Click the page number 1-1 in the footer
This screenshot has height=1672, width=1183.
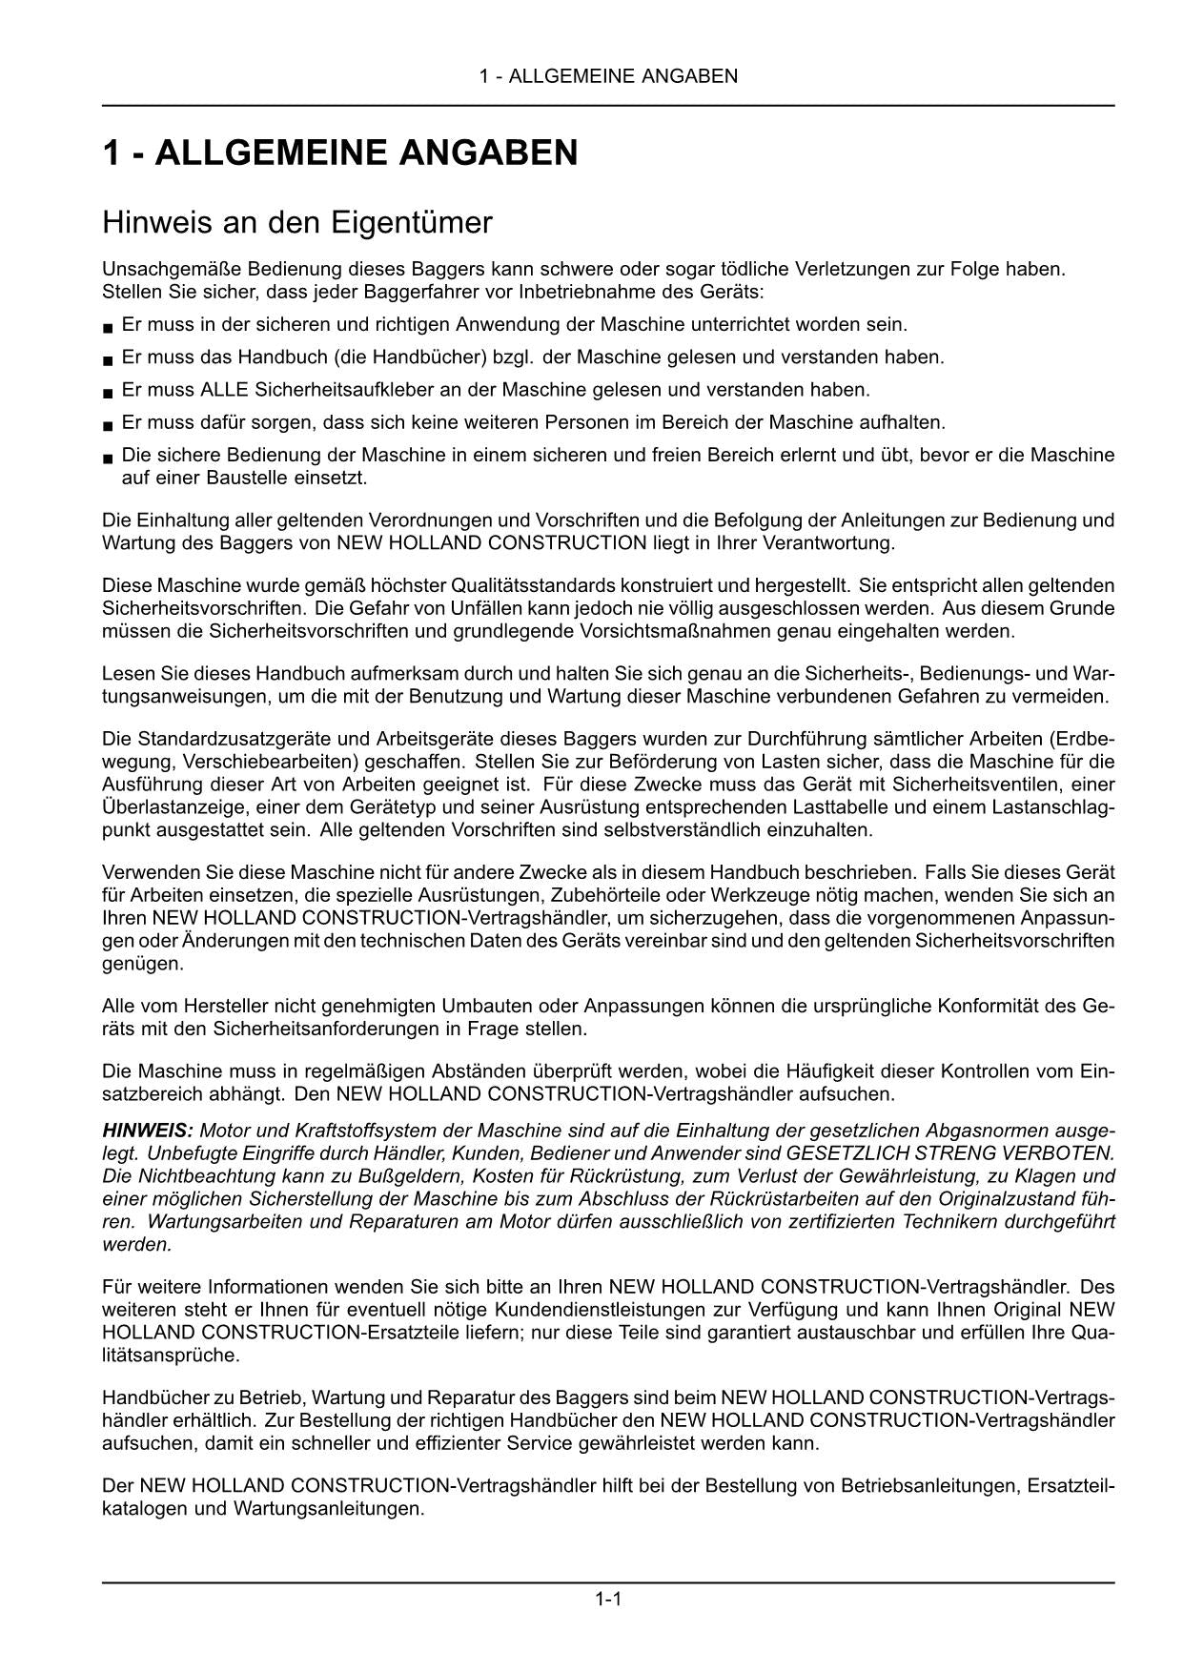click(x=608, y=1599)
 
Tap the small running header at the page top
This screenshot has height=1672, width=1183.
click(x=608, y=76)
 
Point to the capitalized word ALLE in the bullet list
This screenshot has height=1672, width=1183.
click(x=221, y=390)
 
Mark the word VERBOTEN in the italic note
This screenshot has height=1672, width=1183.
click(x=1067, y=1153)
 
